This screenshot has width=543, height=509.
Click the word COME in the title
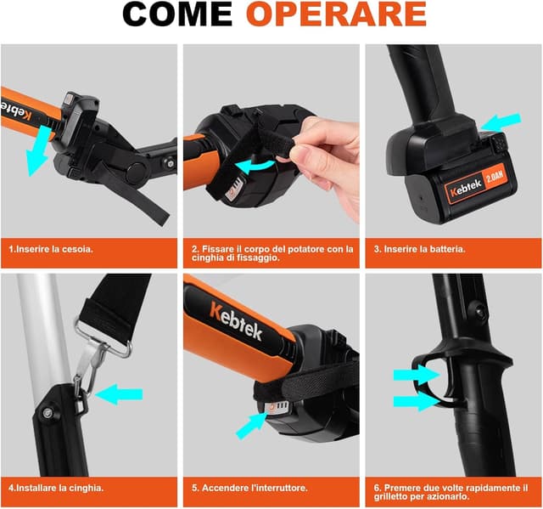pos(177,14)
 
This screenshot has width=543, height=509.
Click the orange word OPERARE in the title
pos(336,14)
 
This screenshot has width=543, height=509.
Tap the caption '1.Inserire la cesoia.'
pos(51,249)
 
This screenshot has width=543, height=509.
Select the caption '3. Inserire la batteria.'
pos(420,249)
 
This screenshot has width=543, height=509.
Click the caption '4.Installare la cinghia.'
pos(56,489)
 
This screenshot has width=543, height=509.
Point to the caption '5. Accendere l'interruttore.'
pos(249,489)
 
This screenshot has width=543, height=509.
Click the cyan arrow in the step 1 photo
pos(38,151)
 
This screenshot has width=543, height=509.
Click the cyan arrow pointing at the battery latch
pos(500,122)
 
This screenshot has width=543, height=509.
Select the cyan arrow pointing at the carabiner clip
pos(119,394)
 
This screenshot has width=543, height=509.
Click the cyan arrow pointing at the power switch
pos(250,426)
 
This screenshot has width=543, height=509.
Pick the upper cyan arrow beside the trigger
pos(416,375)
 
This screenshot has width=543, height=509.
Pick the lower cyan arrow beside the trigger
pos(416,402)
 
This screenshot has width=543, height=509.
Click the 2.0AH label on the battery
pos(495,177)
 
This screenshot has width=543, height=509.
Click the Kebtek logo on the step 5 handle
pos(236,321)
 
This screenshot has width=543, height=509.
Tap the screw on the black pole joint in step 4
pos(48,413)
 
